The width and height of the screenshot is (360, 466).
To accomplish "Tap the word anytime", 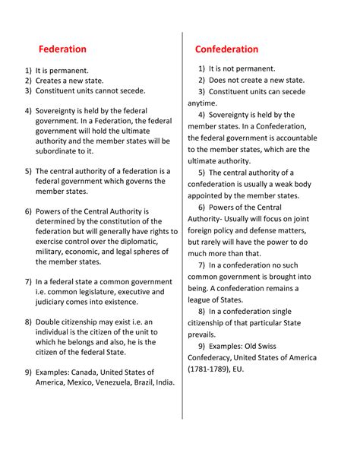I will click(201, 103).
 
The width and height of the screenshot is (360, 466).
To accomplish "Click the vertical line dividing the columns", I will click(182, 228).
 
